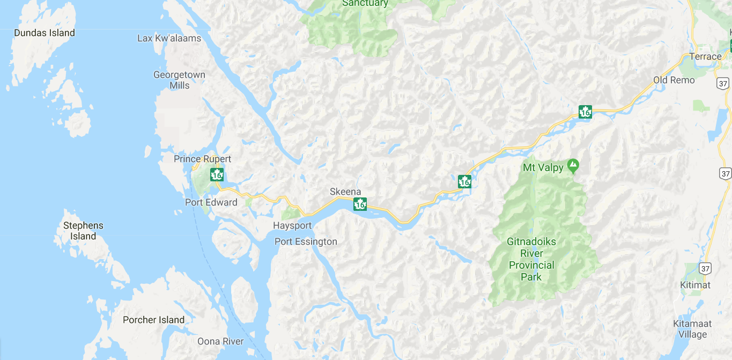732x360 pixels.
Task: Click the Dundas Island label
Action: click(45, 33)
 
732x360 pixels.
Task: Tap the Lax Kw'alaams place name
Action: click(169, 38)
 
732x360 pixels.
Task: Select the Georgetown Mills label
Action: click(179, 80)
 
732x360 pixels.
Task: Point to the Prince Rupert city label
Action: click(202, 159)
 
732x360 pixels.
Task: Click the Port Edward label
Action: click(211, 202)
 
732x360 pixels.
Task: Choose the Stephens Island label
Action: click(83, 231)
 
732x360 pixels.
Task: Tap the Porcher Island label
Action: click(153, 320)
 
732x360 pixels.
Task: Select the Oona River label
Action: click(220, 341)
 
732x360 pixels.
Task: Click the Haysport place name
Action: click(292, 225)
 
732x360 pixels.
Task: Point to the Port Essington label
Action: click(306, 241)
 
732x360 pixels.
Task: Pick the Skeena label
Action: click(345, 192)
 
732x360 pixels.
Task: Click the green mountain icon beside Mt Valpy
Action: click(573, 167)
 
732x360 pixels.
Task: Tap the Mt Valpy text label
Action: click(543, 168)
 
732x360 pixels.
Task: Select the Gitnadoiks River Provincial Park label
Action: click(531, 259)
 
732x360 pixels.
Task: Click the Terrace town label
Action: click(705, 56)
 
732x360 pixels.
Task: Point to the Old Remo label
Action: click(674, 80)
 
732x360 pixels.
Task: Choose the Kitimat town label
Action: click(695, 285)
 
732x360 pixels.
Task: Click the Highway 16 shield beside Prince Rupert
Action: click(217, 174)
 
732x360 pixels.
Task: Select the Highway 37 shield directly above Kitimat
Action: click(705, 268)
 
